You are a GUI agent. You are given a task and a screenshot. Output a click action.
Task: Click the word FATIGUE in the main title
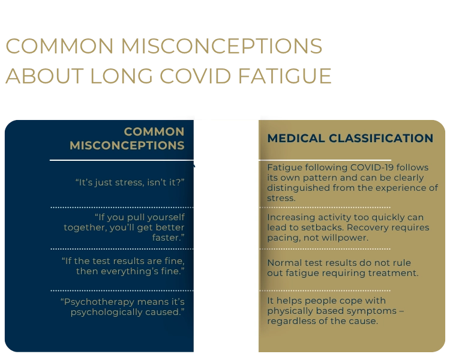pyautogui.click(x=284, y=76)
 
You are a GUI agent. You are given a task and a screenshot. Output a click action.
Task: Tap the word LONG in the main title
pyautogui.click(x=121, y=76)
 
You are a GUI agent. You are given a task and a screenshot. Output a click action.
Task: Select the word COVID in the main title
pyautogui.click(x=195, y=76)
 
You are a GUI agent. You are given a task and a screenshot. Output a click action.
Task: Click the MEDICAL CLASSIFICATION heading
pyautogui.click(x=350, y=138)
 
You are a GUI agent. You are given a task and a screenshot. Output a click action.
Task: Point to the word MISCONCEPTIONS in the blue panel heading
pyautogui.click(x=127, y=145)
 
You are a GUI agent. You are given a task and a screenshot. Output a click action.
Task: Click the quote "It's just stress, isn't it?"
pyautogui.click(x=130, y=182)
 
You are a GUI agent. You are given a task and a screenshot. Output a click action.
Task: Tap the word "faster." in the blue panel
pyautogui.click(x=168, y=238)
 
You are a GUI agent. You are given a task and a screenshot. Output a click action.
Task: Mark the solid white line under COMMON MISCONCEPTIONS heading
pyautogui.click(x=122, y=160)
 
